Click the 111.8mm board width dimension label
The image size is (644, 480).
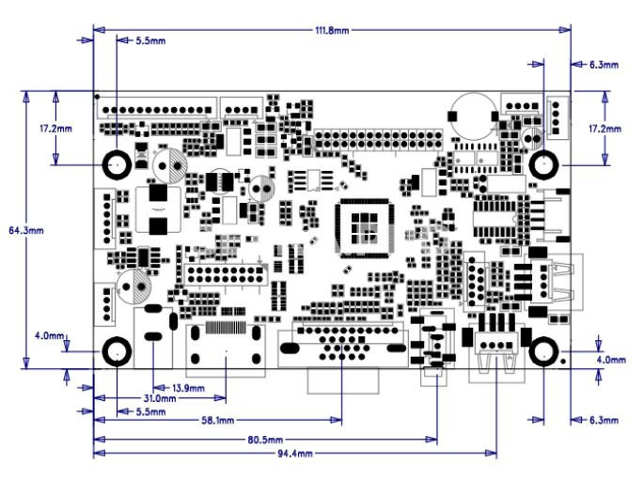pos(332,31)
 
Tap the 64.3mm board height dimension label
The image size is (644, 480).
pos(26,230)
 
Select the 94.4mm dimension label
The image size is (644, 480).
pos(295,454)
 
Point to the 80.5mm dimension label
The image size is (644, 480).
pos(265,441)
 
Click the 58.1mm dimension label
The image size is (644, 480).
pos(218,421)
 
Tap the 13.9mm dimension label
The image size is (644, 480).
pos(188,388)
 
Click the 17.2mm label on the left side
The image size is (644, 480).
pos(55,129)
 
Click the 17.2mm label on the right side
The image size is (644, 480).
pos(605,129)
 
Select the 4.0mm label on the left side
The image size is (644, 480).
pos(49,336)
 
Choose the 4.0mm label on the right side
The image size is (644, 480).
pos(611,360)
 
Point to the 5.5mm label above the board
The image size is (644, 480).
pos(150,41)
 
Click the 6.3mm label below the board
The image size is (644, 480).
pos(604,421)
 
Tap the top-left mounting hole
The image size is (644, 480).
pos(117,165)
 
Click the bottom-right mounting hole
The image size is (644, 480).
pos(543,351)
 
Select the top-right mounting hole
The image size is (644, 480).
pos(543,165)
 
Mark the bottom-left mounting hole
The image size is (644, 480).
pos(117,352)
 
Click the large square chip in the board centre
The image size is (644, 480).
pos(365,228)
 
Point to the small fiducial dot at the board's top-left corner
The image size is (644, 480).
pos(98,97)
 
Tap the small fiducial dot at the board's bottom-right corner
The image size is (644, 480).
pos(564,362)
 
